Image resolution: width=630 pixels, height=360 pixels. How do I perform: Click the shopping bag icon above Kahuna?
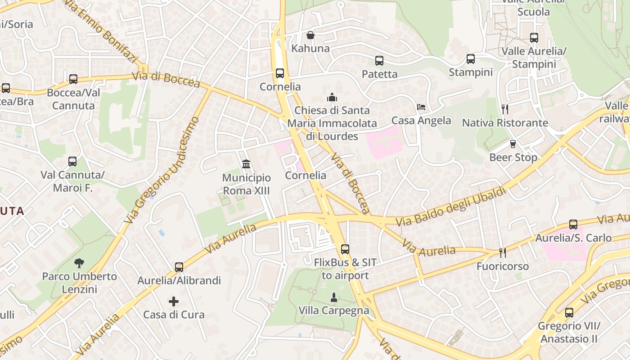310,35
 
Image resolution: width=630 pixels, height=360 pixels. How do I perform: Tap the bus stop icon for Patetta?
379,61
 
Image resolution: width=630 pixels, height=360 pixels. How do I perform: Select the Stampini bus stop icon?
470,59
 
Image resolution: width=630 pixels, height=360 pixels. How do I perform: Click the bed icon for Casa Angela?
421,107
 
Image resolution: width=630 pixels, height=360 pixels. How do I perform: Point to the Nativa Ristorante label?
505,123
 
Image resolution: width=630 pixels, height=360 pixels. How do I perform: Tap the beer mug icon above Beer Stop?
513,144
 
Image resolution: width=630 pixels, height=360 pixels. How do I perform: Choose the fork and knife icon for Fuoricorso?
503,253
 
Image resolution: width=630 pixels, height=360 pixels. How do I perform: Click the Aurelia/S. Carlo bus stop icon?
573,224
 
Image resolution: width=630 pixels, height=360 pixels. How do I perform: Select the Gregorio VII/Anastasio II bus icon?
569,312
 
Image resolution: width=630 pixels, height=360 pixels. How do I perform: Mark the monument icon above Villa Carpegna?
333,297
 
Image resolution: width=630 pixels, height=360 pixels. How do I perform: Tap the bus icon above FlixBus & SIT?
345,249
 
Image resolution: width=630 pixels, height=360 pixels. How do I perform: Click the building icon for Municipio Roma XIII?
246,164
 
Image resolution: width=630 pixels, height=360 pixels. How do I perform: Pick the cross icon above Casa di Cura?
174,301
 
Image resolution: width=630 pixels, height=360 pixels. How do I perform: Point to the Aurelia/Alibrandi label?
179,281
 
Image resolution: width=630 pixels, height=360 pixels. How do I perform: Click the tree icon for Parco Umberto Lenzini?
79,263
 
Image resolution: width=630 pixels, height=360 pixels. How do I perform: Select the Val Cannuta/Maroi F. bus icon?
72,162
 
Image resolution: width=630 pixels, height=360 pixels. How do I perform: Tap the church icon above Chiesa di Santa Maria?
332,97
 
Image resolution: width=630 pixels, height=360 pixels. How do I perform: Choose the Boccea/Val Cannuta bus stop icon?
73,79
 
